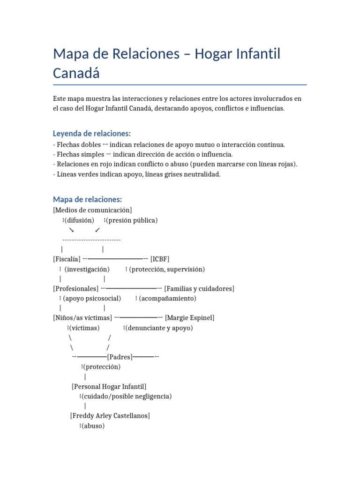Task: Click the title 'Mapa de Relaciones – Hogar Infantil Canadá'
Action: pos(166,63)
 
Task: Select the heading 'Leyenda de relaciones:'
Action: pos(92,134)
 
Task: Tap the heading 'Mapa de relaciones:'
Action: pos(87,200)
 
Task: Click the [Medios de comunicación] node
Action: pos(92,210)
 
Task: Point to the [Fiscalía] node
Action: pos(67,259)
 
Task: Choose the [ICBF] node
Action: pos(160,259)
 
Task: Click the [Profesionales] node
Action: pos(76,288)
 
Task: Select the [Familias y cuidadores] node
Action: pos(199,288)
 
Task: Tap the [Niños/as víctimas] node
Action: pos(82,318)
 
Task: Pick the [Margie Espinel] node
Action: pos(190,318)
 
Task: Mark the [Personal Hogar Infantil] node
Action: pos(109,386)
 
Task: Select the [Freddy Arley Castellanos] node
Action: pos(110,416)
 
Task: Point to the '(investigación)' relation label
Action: pos(87,269)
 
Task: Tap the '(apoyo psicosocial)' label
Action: pos(92,298)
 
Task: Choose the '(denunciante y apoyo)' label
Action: pos(159,328)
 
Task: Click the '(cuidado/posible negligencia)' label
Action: pos(127,396)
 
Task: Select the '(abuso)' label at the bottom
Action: pos(93,426)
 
